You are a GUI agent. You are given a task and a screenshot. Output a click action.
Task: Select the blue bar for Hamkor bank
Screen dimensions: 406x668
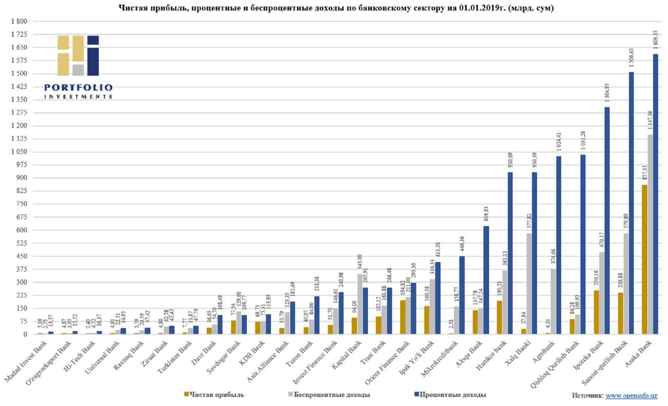[510, 253]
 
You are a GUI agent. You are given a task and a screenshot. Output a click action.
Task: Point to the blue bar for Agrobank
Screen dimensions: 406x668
[559, 245]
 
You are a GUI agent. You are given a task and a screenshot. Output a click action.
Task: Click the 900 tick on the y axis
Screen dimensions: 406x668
[21, 178]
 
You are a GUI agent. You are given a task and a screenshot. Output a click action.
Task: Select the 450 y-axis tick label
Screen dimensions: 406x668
[21, 256]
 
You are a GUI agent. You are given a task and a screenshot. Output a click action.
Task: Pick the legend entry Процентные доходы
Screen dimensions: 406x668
[452, 395]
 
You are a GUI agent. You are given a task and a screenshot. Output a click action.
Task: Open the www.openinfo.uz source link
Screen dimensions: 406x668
[631, 396]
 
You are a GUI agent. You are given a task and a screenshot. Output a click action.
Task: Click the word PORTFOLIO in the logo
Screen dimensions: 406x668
[78, 87]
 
